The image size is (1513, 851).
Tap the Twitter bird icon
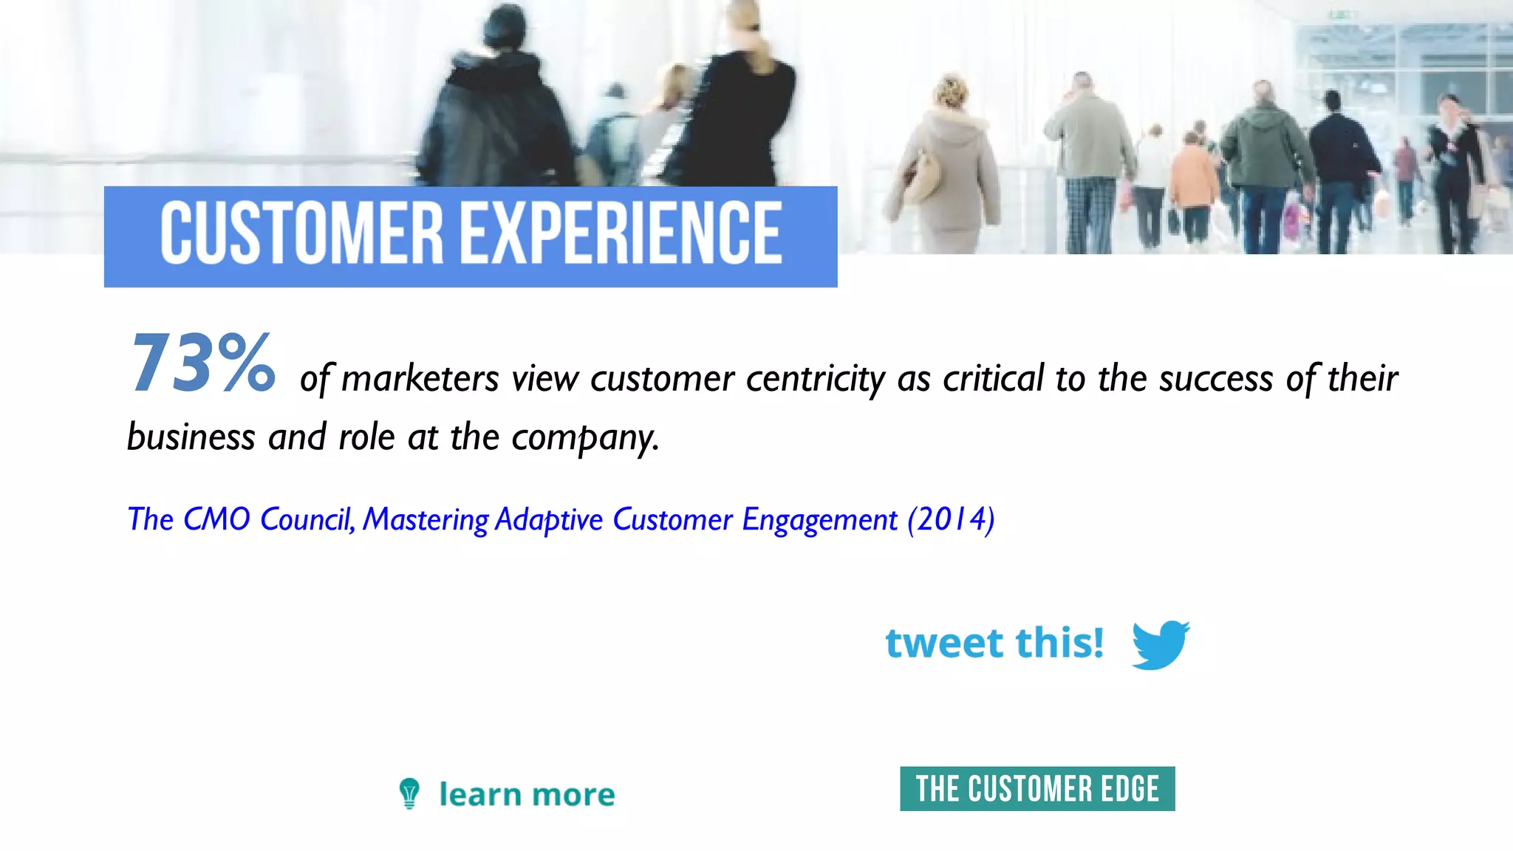[x=1160, y=644]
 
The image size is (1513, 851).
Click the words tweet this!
[x=994, y=643]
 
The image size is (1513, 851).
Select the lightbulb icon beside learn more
[x=409, y=794]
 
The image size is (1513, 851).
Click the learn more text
[x=527, y=795]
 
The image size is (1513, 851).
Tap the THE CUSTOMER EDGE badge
[x=1037, y=789]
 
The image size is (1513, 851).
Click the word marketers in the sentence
[x=420, y=380]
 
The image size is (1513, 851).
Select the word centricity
[x=816, y=380]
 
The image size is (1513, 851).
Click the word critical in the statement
[x=993, y=378]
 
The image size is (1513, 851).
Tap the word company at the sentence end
[x=583, y=438]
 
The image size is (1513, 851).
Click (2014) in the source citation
[x=951, y=519]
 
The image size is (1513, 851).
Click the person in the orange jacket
[x=1191, y=181]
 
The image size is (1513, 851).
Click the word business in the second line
[x=191, y=437]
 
